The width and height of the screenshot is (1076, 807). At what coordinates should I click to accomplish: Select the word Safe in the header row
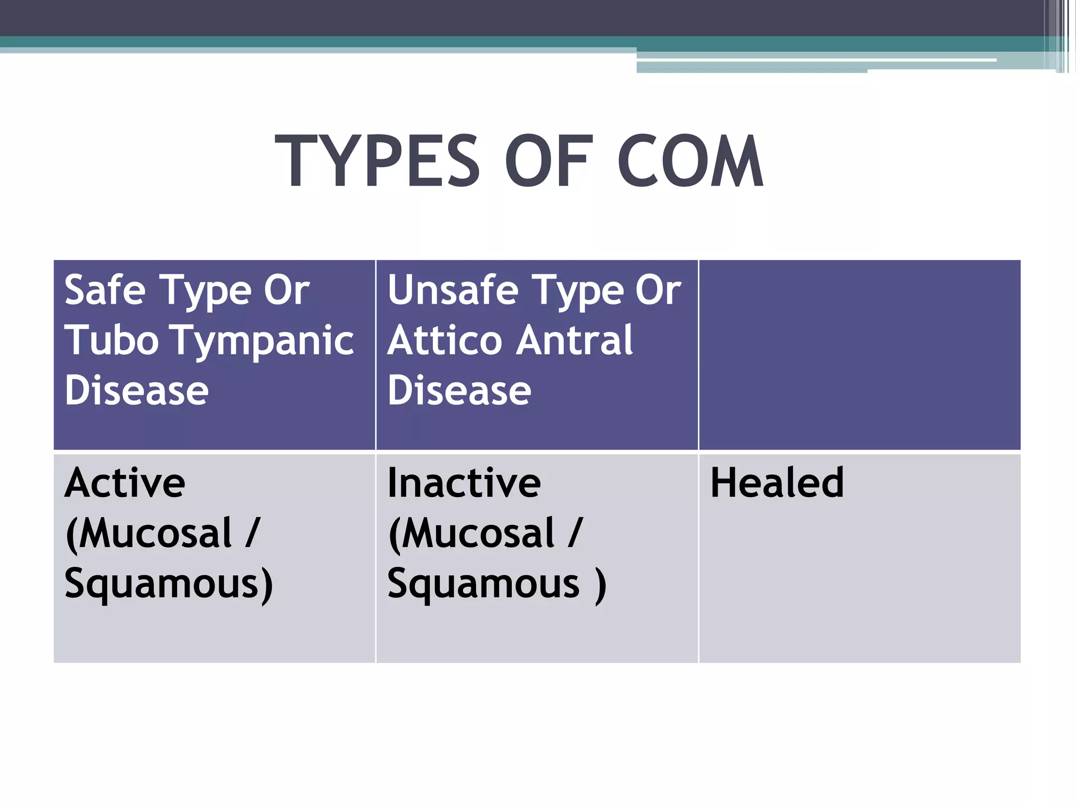(x=105, y=290)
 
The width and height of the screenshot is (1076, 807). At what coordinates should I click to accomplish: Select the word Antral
(x=575, y=340)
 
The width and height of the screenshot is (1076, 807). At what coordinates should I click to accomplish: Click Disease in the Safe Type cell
(x=137, y=391)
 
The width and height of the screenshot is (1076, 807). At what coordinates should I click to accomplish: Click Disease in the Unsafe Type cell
(x=459, y=391)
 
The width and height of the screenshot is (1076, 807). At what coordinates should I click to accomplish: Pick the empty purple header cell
(x=860, y=355)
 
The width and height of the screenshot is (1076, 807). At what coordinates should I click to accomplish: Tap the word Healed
(x=777, y=483)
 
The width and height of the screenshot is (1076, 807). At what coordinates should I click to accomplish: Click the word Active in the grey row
(x=125, y=483)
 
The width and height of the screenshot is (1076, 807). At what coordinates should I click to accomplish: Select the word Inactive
(x=463, y=483)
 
